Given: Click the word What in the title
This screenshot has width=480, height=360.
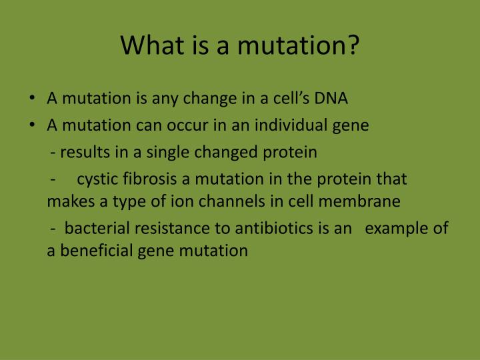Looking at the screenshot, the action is coord(152,45).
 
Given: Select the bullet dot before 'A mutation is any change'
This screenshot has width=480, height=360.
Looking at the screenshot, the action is coord(32,98).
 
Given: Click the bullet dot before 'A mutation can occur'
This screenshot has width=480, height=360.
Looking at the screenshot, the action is coord(32,125).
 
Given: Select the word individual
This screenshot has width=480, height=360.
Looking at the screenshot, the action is coord(291,125).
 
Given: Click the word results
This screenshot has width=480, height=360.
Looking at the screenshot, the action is coord(85,152).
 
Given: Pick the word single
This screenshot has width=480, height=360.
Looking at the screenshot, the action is coord(167,153).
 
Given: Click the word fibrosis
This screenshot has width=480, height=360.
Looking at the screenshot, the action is coord(150,179).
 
